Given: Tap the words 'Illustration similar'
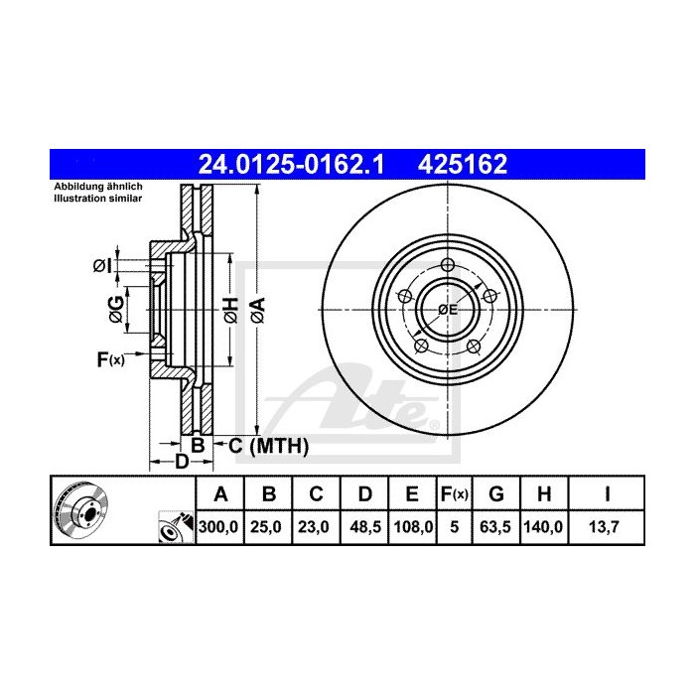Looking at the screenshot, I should tap(98, 199).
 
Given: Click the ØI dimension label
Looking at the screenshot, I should tap(100, 265).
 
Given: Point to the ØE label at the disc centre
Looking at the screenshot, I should tap(448, 310).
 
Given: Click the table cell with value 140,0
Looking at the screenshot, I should tap(545, 529).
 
